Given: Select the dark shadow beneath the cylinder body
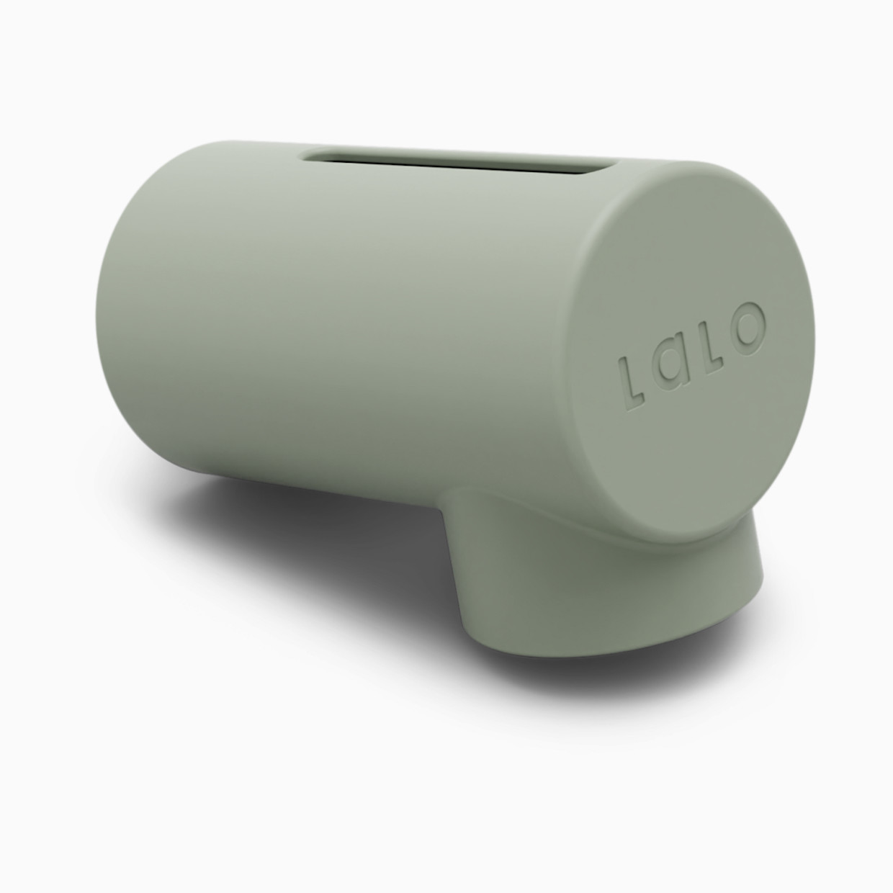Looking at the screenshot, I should tap(288, 533).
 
